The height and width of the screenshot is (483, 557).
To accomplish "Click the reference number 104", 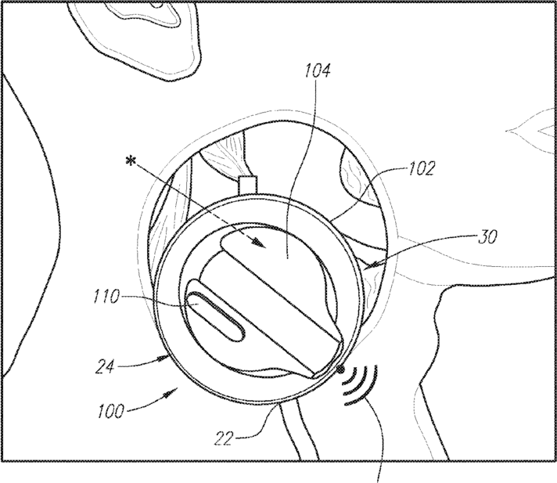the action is [x=317, y=70].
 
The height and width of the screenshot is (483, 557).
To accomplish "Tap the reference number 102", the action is [x=422, y=168].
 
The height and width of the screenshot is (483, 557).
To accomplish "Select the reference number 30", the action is [x=487, y=236].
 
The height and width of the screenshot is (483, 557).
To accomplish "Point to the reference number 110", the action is [x=106, y=297].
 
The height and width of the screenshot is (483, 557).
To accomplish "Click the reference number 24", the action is [x=105, y=366].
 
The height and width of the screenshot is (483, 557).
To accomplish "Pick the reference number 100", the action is [x=111, y=411].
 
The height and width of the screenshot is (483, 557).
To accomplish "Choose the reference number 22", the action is [x=224, y=438].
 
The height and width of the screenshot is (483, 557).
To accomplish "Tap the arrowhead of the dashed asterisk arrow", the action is [x=259, y=243].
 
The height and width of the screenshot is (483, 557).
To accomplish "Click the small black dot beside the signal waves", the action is [x=340, y=369].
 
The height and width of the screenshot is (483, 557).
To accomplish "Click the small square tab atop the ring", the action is [x=248, y=185].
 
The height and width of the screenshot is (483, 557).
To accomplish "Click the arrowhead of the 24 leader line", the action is [x=164, y=357].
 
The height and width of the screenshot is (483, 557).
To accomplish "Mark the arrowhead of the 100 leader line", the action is [x=172, y=392].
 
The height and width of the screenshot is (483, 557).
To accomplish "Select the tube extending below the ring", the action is [x=298, y=430].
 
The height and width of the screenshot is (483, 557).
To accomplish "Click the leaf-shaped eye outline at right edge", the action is [x=531, y=132].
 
